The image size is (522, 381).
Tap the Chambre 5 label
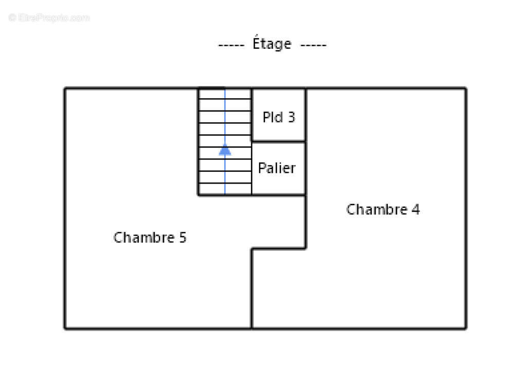coord(150,238)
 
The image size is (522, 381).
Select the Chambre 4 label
coord(383,209)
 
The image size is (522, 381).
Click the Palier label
coord(276,168)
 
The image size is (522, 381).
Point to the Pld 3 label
coord(278,117)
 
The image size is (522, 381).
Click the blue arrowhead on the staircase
coord(225,150)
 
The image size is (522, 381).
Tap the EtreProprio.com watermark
coord(49,17)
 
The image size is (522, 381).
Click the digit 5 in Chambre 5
coord(183,238)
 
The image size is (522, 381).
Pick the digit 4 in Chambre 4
coord(416,210)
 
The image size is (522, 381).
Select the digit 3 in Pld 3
coord(291,117)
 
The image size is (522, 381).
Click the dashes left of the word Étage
coord(231,45)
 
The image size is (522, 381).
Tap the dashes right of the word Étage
coord(313,45)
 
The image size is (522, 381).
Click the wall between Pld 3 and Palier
coord(278,142)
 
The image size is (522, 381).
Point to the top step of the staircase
coord(225,94)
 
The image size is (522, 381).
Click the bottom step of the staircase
coord(225,189)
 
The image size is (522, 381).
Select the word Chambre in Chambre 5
coord(144,238)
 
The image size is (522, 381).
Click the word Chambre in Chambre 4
coord(377,209)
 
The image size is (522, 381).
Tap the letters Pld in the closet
coord(273,117)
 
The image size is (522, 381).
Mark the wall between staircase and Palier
coord(252,169)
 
